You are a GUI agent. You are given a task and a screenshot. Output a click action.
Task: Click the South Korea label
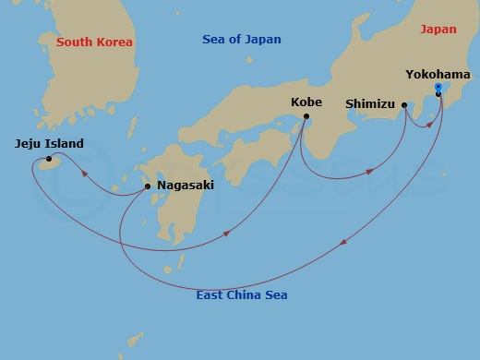94,42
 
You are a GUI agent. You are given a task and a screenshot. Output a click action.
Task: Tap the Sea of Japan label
242,40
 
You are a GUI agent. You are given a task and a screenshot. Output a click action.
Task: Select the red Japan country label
438,30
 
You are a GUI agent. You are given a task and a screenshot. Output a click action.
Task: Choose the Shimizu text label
373,104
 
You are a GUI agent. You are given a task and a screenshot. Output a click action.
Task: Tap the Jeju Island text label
49,143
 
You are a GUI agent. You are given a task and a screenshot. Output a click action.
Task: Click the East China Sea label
242,295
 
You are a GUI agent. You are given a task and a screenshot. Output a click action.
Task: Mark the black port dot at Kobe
306,115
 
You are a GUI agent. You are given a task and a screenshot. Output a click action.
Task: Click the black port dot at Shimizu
405,105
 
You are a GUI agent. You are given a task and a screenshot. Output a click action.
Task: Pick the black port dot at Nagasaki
149,186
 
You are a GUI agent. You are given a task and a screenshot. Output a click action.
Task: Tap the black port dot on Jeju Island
49,159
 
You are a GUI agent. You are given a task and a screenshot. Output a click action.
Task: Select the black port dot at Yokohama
438,94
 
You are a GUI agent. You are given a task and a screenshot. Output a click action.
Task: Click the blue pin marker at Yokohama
438,88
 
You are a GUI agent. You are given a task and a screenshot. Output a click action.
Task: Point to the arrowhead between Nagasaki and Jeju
85,172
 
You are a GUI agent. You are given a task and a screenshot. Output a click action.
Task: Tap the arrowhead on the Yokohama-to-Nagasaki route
344,242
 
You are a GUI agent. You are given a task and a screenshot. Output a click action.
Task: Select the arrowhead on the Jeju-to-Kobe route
227,234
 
